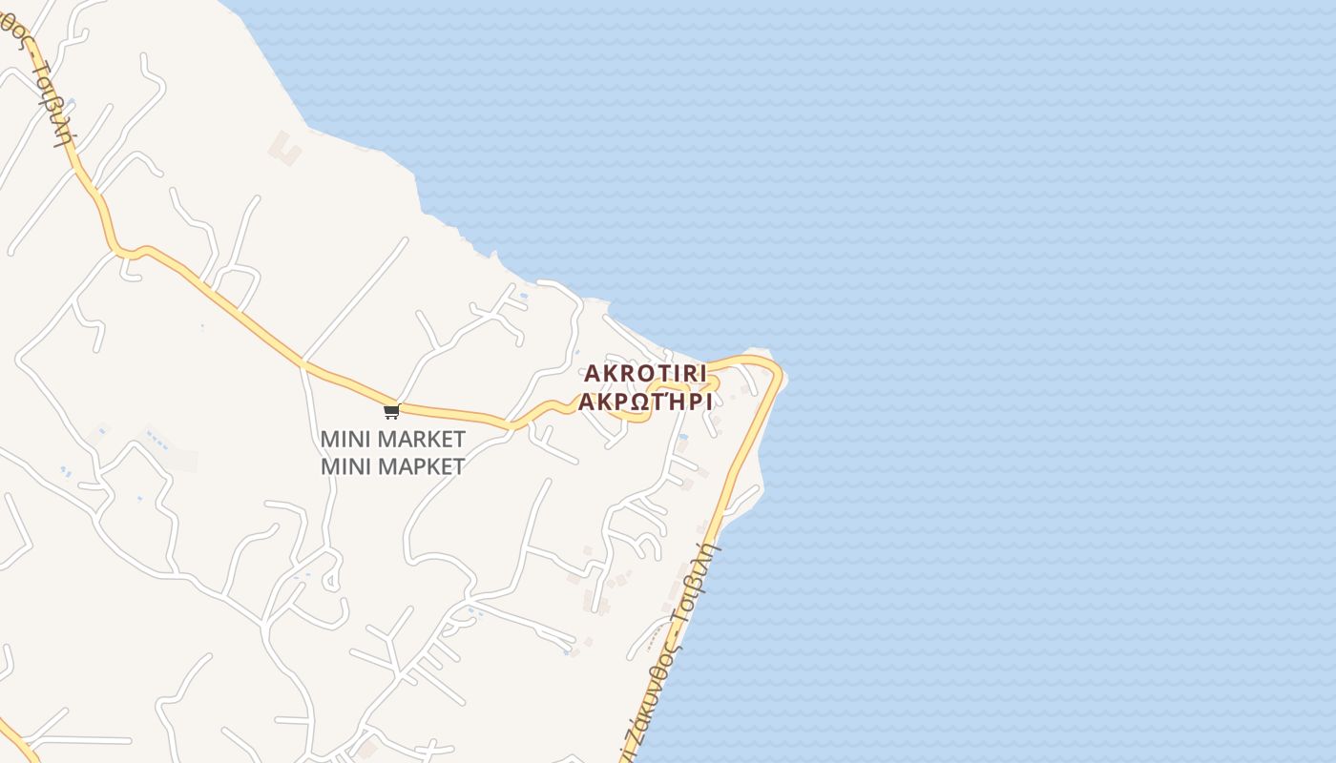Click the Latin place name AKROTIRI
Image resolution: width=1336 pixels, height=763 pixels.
coord(645,373)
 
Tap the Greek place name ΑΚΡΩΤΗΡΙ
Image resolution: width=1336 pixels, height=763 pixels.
coord(645,401)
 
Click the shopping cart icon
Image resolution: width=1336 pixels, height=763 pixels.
coord(391,412)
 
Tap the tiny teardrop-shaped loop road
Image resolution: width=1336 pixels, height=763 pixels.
coord(331,578)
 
